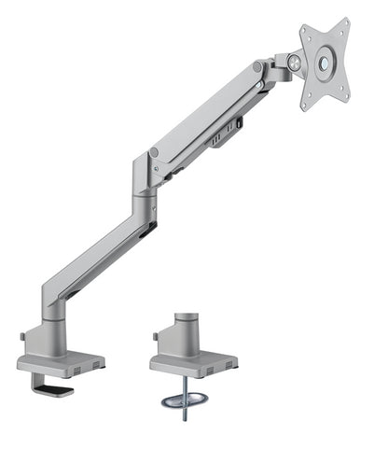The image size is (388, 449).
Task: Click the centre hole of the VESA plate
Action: (324, 64)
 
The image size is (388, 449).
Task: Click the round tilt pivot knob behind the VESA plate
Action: (296, 63)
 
